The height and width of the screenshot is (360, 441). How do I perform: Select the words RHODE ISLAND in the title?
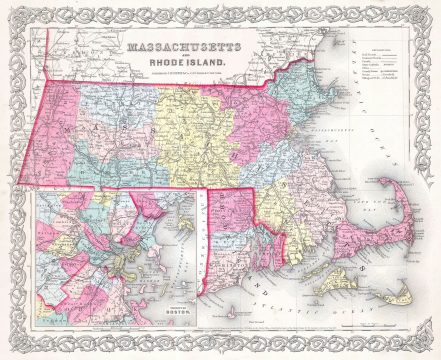pyautogui.click(x=185, y=67)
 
